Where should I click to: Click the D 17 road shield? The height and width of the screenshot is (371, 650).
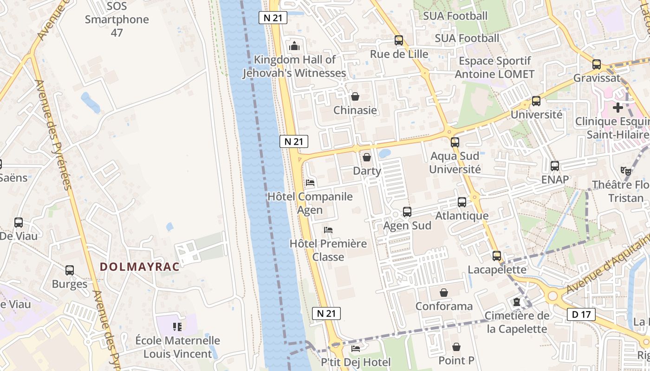click(x=581, y=314)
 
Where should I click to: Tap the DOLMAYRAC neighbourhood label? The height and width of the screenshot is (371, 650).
click(x=140, y=267)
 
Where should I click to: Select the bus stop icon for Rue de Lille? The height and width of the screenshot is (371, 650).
click(x=399, y=40)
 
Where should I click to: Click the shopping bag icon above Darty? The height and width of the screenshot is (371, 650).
click(x=367, y=157)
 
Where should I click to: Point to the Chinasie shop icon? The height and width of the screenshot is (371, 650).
click(x=355, y=96)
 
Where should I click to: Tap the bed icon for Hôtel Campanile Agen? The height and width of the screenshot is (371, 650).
click(x=311, y=183)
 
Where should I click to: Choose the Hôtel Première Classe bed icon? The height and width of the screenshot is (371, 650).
click(x=328, y=230)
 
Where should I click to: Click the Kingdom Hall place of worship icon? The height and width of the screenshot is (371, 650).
click(x=294, y=46)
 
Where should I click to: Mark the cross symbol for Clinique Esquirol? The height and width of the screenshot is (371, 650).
click(x=617, y=108)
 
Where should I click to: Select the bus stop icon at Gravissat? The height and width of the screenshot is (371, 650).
click(x=597, y=64)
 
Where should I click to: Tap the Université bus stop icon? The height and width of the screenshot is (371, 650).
click(x=536, y=101)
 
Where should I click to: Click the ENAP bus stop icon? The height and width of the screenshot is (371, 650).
click(x=555, y=166)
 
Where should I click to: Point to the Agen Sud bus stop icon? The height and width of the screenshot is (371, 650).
click(x=407, y=212)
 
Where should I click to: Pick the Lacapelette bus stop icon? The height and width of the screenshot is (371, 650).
click(x=497, y=256)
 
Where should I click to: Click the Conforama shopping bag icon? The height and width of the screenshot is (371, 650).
click(x=444, y=293)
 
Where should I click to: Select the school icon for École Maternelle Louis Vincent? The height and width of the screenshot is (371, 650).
click(x=177, y=327)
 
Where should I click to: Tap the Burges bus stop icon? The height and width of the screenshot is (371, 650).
click(x=70, y=270)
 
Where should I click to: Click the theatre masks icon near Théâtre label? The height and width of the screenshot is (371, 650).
click(x=626, y=171)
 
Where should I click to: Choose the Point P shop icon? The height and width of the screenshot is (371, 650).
click(x=456, y=347)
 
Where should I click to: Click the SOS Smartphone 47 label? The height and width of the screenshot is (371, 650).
click(x=117, y=19)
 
